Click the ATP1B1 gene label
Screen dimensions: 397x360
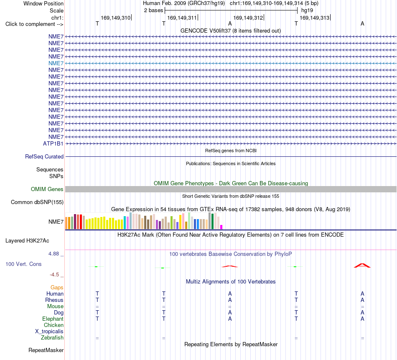coord(53,144)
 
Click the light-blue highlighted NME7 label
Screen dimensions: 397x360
coord(56,63)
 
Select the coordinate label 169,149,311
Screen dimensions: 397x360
coord(182,18)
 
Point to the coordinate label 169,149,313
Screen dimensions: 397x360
coord(314,18)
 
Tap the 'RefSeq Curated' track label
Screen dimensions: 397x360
coord(44,156)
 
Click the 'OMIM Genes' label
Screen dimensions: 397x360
coord(47,189)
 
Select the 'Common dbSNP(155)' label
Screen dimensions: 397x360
coord(37,202)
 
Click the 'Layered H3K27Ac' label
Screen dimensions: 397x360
coord(27,241)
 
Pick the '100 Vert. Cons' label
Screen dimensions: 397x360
coord(23,264)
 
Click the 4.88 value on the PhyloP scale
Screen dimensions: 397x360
coord(53,254)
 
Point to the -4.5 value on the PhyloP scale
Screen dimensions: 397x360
coord(54,275)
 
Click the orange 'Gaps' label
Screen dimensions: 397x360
coord(57,287)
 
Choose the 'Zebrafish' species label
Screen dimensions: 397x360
coord(52,338)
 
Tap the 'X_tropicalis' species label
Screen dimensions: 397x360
coord(49,332)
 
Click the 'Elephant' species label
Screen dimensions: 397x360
coord(53,319)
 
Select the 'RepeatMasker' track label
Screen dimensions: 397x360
coord(46,350)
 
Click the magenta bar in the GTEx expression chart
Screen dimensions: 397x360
coord(221,227)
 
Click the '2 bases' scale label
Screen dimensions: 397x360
coord(153,10)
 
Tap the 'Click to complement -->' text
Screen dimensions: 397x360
coord(34,24)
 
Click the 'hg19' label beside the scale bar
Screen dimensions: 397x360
coord(307,10)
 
